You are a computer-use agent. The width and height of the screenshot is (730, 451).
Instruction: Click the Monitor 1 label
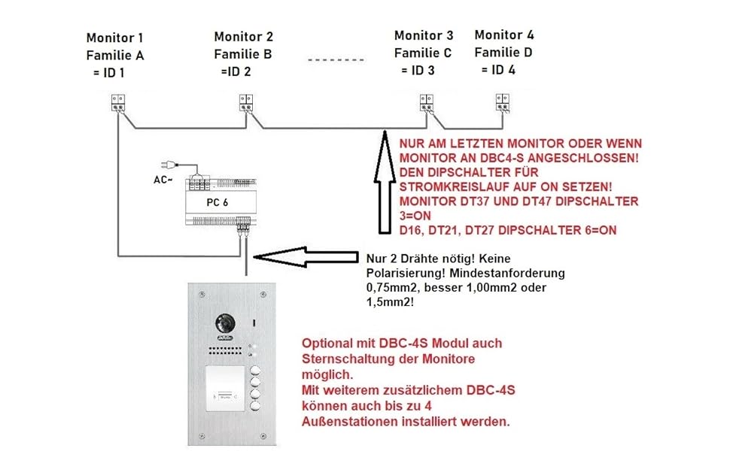(x=114, y=38)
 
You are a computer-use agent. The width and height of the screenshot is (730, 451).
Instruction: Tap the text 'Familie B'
(x=242, y=54)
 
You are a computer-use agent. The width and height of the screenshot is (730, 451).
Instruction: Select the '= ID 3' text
(x=421, y=71)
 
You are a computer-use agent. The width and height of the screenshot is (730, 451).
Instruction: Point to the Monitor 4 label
(x=504, y=35)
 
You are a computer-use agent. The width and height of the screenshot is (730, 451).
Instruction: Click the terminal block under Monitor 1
(x=119, y=101)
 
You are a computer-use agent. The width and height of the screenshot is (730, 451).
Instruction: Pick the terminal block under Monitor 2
(x=246, y=101)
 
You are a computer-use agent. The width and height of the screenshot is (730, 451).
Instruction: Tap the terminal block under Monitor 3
(x=426, y=101)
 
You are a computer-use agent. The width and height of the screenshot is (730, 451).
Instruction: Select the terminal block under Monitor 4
(x=502, y=101)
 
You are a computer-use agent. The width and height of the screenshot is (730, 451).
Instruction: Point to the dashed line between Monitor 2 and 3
(x=336, y=58)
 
